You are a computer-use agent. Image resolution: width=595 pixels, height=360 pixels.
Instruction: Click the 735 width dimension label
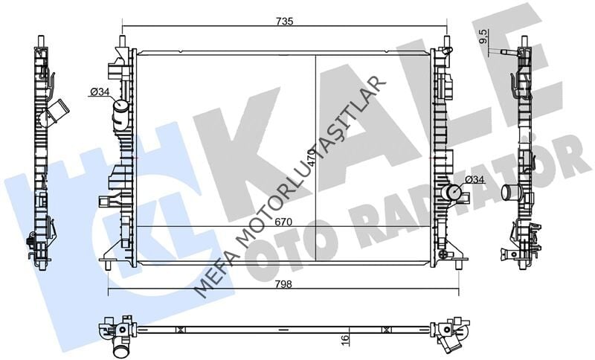point(285,22)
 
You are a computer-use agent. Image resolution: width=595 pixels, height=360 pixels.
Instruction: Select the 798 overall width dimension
point(283,284)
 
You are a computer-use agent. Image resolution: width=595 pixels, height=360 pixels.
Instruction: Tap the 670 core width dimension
point(283,222)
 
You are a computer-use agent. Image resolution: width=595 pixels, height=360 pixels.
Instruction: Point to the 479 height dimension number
point(312,155)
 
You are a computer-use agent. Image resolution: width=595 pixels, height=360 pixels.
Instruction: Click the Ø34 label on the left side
point(100,91)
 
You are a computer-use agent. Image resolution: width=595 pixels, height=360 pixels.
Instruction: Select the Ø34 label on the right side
point(475,179)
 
